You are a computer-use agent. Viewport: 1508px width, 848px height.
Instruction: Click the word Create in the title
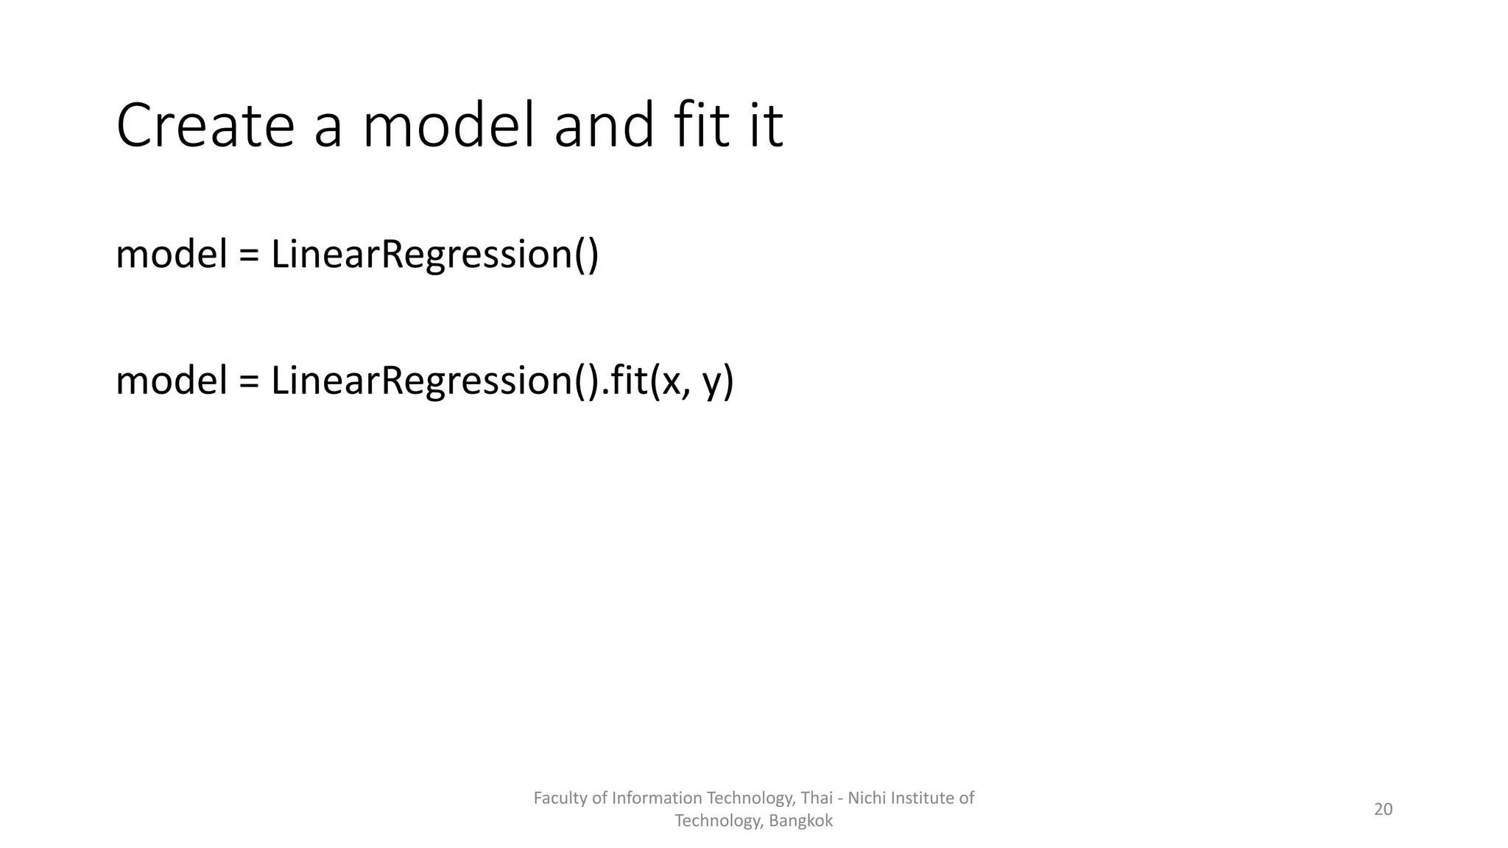click(x=205, y=126)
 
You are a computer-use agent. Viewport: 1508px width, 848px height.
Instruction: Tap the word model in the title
click(x=448, y=126)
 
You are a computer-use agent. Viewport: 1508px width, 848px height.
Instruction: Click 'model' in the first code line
click(x=172, y=255)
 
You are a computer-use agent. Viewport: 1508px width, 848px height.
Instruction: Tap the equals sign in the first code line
click(x=250, y=255)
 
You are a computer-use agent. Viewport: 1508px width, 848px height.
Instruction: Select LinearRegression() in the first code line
click(x=434, y=255)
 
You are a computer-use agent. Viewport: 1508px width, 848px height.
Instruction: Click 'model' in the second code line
click(x=172, y=381)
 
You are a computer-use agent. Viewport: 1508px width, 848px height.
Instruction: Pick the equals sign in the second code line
click(x=250, y=381)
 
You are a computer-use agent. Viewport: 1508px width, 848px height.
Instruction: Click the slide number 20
click(x=1383, y=810)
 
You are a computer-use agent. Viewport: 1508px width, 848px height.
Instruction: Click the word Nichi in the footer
click(x=867, y=798)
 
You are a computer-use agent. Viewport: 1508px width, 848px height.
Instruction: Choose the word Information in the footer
click(x=657, y=798)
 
